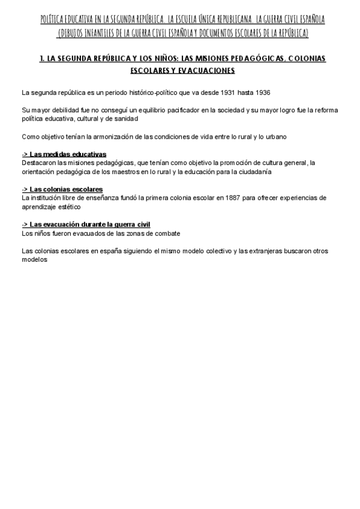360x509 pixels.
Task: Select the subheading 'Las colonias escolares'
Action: tap(66, 190)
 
